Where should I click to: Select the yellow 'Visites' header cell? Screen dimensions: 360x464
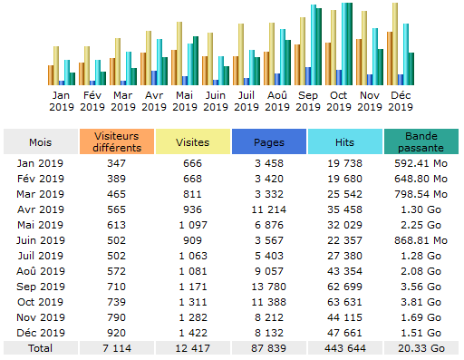pos(191,143)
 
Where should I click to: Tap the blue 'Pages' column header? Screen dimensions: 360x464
pos(268,143)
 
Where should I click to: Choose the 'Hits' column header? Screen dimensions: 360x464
pos(344,143)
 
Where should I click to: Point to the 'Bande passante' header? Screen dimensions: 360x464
pos(420,143)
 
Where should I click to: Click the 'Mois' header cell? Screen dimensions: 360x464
pos(40,143)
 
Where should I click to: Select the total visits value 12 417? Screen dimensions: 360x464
pos(191,347)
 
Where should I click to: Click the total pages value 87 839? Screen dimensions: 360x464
pos(268,347)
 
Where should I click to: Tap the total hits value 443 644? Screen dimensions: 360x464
pos(344,347)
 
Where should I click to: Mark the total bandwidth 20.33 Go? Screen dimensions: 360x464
pos(420,347)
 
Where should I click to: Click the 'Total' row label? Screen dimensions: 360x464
pos(40,347)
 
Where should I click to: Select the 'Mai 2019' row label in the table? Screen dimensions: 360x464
pos(40,224)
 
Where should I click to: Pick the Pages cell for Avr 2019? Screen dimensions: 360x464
pos(268,209)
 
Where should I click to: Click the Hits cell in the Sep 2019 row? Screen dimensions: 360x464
pos(344,286)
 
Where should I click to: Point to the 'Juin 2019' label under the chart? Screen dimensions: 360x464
pos(216,100)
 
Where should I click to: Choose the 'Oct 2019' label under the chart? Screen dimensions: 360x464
pos(339,100)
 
